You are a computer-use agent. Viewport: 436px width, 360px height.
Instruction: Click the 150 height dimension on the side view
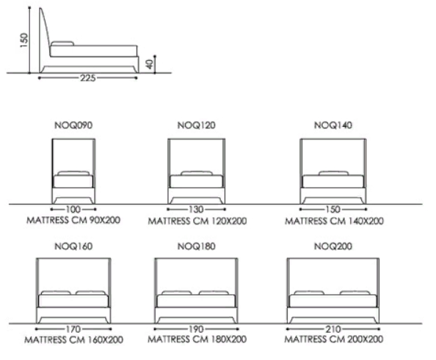tap(24, 40)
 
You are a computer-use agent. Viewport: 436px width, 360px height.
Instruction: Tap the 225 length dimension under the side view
tap(88, 78)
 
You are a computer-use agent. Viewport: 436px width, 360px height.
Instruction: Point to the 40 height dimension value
tap(150, 65)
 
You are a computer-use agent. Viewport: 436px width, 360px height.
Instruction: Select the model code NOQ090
tap(73, 125)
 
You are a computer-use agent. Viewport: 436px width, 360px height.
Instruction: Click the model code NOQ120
tap(196, 125)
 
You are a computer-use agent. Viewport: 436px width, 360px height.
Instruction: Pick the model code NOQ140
tap(333, 125)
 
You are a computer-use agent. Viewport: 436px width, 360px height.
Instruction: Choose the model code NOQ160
tap(73, 246)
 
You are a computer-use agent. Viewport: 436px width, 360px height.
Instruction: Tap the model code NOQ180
tap(196, 246)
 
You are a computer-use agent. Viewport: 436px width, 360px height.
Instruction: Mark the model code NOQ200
tap(333, 246)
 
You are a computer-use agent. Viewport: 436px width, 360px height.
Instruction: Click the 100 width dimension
tap(73, 209)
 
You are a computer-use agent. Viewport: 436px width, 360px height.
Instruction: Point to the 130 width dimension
tap(196, 209)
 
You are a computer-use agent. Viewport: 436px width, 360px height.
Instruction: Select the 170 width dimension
tap(73, 329)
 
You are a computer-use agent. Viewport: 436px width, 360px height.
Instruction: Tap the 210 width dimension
tap(333, 329)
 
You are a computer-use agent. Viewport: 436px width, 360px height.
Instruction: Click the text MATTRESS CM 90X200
tap(73, 220)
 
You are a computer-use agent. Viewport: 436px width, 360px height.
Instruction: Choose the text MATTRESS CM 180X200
tap(197, 339)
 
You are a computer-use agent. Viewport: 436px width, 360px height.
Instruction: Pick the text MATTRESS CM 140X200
tap(334, 221)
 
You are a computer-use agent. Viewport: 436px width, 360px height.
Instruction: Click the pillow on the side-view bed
tap(62, 43)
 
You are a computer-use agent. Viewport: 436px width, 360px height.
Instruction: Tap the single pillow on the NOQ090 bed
tap(73, 173)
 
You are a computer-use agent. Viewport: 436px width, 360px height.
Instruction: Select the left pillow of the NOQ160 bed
tap(56, 293)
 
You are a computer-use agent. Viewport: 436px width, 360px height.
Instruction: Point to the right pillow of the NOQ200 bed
tap(355, 293)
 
